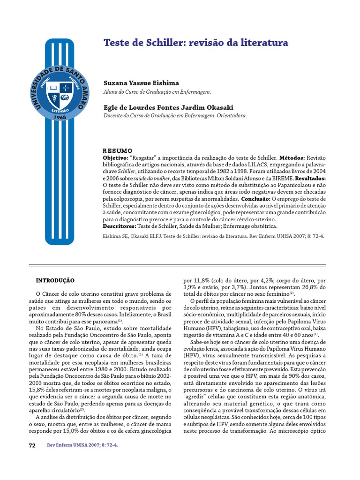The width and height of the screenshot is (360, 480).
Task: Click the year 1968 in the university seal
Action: pos(60,117)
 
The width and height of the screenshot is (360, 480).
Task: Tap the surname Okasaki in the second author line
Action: pos(213,107)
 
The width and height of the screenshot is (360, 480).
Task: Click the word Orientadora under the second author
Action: pos(232,115)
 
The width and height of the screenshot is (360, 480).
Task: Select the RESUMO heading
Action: pos(118,151)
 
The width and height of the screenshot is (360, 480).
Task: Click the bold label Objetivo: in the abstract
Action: pos(115,158)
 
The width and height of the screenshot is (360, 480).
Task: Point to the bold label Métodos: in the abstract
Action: pos(293,158)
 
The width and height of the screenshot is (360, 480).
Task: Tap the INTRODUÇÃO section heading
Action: pos(55,280)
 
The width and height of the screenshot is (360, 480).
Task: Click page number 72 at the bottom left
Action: pos(32,445)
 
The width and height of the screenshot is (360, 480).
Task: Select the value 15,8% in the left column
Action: pos(37,390)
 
